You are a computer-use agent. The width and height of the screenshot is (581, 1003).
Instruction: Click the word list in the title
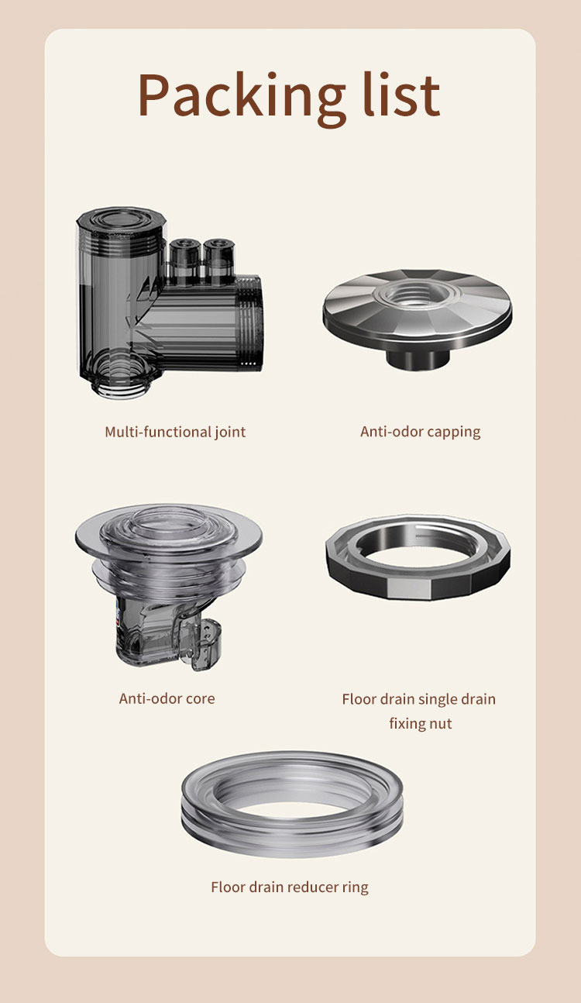(401, 94)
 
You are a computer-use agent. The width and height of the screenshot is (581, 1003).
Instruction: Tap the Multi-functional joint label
(175, 432)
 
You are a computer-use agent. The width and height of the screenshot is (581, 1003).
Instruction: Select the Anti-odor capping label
(421, 432)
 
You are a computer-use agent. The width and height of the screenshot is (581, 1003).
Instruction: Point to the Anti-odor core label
(167, 698)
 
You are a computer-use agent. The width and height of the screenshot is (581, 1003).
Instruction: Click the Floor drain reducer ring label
(290, 887)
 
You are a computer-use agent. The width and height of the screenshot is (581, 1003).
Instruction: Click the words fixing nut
(421, 724)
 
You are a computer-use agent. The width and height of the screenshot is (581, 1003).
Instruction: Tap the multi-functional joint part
(169, 303)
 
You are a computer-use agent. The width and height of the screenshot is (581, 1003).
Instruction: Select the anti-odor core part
(169, 587)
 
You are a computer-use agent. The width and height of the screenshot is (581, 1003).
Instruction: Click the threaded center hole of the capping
(417, 295)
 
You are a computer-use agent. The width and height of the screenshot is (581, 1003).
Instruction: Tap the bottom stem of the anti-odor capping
(417, 358)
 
